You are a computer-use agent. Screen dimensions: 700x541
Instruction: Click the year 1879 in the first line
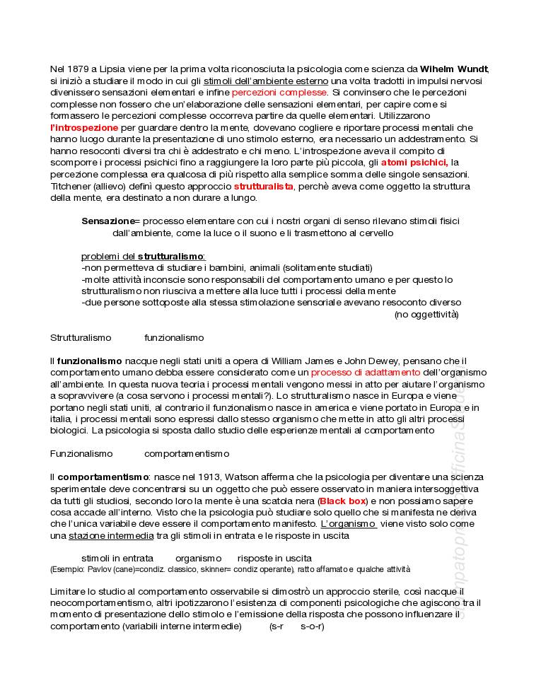click(78, 69)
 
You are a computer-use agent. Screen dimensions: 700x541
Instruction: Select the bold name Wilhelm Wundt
click(454, 69)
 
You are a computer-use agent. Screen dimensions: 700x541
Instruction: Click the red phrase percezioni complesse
click(279, 93)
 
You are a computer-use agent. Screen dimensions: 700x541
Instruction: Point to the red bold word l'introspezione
click(84, 128)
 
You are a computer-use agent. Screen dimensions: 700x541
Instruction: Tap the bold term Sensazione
click(107, 221)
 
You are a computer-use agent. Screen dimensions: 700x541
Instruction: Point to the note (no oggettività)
click(426, 315)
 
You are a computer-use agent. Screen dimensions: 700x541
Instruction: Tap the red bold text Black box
click(342, 501)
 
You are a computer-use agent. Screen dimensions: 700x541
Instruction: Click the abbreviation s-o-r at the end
click(312, 626)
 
